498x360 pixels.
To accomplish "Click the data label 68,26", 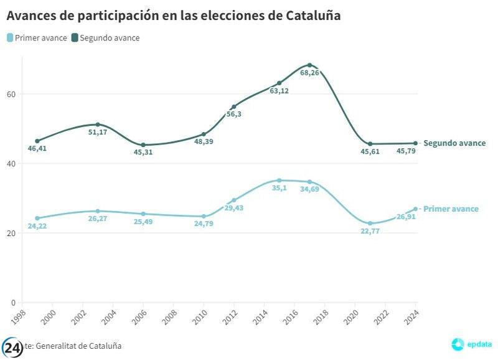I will (309, 73).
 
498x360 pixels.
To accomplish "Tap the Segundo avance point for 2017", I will (309, 65).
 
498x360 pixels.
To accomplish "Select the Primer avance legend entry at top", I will (37, 38).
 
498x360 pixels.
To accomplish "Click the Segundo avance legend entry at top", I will (105, 38).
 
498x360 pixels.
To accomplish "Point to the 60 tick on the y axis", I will (11, 94).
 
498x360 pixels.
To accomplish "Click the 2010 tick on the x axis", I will (200, 315).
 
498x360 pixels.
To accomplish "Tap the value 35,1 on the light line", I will (280, 189).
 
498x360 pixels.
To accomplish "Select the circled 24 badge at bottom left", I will (12, 347).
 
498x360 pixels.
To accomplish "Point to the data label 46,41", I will (37, 149).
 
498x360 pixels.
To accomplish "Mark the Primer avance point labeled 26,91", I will (415, 209).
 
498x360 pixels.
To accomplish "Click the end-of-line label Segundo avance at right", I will (454, 143).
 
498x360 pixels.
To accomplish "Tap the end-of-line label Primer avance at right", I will (451, 209).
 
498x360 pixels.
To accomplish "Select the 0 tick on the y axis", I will (13, 303).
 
